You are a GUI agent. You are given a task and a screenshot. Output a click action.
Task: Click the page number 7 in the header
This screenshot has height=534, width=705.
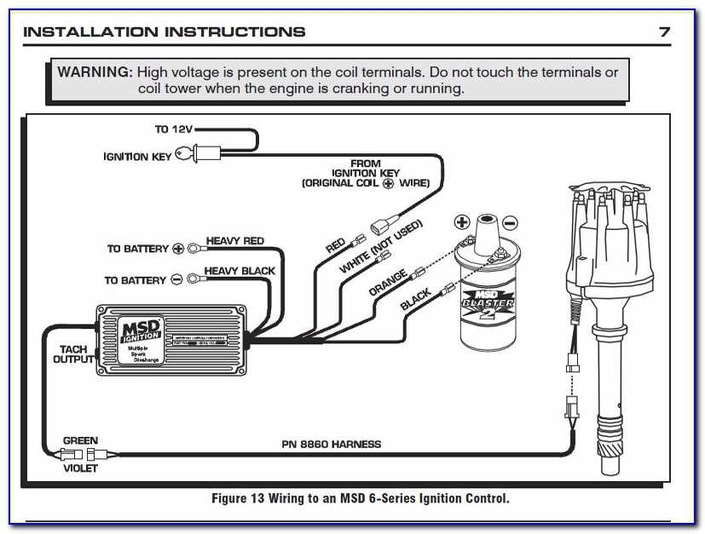pos(664,32)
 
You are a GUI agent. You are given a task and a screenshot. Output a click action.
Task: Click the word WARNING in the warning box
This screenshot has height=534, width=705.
pos(94,72)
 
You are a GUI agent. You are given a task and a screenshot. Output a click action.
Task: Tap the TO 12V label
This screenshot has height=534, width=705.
pos(174,129)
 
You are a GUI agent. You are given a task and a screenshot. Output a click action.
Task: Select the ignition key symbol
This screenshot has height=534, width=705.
pos(185,155)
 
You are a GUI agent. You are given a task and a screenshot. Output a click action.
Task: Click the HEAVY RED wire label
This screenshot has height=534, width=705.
pos(235,241)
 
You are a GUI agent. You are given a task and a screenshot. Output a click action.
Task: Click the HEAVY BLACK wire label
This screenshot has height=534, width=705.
pos(240,271)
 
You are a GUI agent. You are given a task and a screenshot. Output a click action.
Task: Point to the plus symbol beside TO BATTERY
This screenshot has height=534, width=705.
pos(178,249)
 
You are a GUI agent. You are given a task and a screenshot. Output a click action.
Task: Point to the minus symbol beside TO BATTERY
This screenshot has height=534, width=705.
pos(176,279)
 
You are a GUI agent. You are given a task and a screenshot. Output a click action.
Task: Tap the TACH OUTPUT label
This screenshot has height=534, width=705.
pos(74,354)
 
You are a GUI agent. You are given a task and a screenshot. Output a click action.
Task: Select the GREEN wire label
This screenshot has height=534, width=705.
pos(80,441)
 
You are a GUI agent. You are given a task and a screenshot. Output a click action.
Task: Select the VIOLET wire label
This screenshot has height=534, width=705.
pos(80,468)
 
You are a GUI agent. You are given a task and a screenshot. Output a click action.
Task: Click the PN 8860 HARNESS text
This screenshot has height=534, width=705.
pos(332,444)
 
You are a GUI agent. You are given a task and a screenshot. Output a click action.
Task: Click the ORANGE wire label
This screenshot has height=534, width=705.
pos(388,282)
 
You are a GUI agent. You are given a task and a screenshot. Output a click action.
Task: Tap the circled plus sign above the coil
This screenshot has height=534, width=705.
pos(462,223)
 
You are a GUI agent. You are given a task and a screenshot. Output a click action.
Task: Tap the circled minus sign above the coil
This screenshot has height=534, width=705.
pos(510,223)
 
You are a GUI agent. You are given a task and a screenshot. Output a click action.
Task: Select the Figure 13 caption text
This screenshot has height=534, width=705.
pos(360,499)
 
